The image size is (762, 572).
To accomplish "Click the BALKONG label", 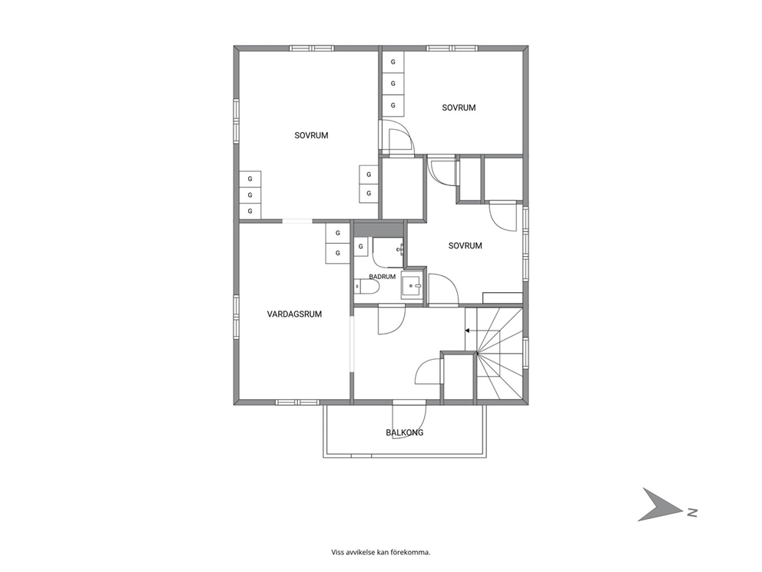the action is coord(405,432).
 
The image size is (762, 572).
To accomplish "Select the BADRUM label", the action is coord(382,277).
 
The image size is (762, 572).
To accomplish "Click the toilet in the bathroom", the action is coord(366,288).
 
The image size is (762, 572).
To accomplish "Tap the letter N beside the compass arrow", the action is coord(692,512).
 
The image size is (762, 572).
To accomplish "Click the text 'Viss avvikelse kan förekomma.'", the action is coord(381,552).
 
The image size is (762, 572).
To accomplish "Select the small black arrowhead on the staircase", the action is coord(467,331).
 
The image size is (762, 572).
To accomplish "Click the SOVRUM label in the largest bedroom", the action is coord(312,136).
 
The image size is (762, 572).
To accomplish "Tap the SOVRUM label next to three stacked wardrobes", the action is coord(459,108).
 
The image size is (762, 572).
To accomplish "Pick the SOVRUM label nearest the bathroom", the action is coord(465,246).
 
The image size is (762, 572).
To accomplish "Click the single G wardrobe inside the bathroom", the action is coord(360,247).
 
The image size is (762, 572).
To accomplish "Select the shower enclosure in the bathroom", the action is coord(388,253).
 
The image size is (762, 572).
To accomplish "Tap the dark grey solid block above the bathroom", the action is coord(379,228).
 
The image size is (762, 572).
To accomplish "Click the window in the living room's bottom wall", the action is coord(297,402).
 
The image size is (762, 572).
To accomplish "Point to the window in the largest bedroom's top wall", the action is coord(312,48).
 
